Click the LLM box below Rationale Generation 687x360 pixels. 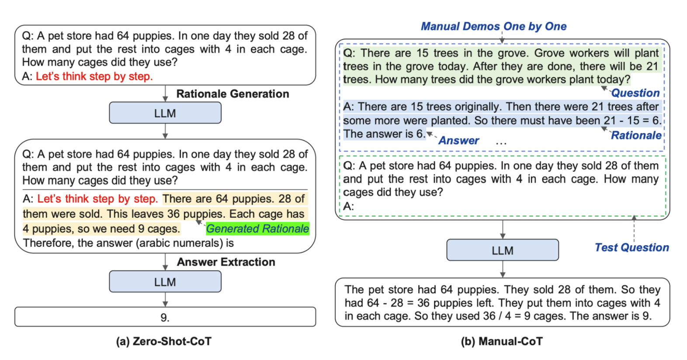coord(165,113)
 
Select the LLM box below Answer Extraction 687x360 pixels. coord(165,282)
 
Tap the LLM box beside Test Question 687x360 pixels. coord(502,250)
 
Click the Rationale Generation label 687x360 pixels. coord(232,94)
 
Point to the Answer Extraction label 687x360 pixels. coord(226,262)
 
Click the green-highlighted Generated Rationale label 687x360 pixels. coord(257,228)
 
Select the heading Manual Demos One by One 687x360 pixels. coord(493,27)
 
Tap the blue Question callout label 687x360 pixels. coord(635,93)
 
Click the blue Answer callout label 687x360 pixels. coord(458,141)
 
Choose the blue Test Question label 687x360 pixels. coord(631,248)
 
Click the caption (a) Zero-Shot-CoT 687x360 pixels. coord(163,341)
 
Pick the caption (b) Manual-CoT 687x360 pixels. coord(502,341)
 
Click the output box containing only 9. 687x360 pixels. coord(165,317)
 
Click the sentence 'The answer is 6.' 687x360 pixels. coord(384,134)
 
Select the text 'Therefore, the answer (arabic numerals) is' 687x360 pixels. coord(128,243)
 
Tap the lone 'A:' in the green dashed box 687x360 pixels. coord(348,206)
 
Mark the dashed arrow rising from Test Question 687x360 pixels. coord(634,228)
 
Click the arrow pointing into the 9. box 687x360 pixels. coord(165,300)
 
